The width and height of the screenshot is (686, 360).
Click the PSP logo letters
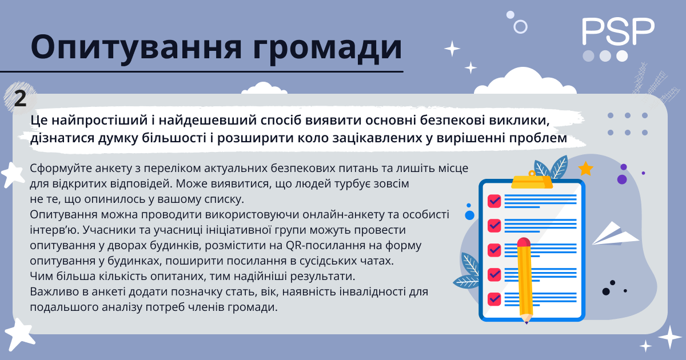(x=618, y=31)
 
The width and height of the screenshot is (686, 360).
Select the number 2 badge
(x=20, y=98)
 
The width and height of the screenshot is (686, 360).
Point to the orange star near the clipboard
(x=585, y=169)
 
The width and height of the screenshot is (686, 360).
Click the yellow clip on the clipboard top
(x=532, y=180)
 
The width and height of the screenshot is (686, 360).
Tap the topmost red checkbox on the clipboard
(x=494, y=201)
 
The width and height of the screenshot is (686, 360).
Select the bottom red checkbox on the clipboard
(x=494, y=299)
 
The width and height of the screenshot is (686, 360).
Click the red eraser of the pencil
(x=524, y=242)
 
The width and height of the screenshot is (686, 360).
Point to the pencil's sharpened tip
(x=527, y=322)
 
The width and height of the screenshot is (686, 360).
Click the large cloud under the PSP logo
(x=525, y=81)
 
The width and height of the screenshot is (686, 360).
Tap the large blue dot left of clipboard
(x=469, y=215)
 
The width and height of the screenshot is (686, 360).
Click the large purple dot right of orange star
(x=622, y=179)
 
